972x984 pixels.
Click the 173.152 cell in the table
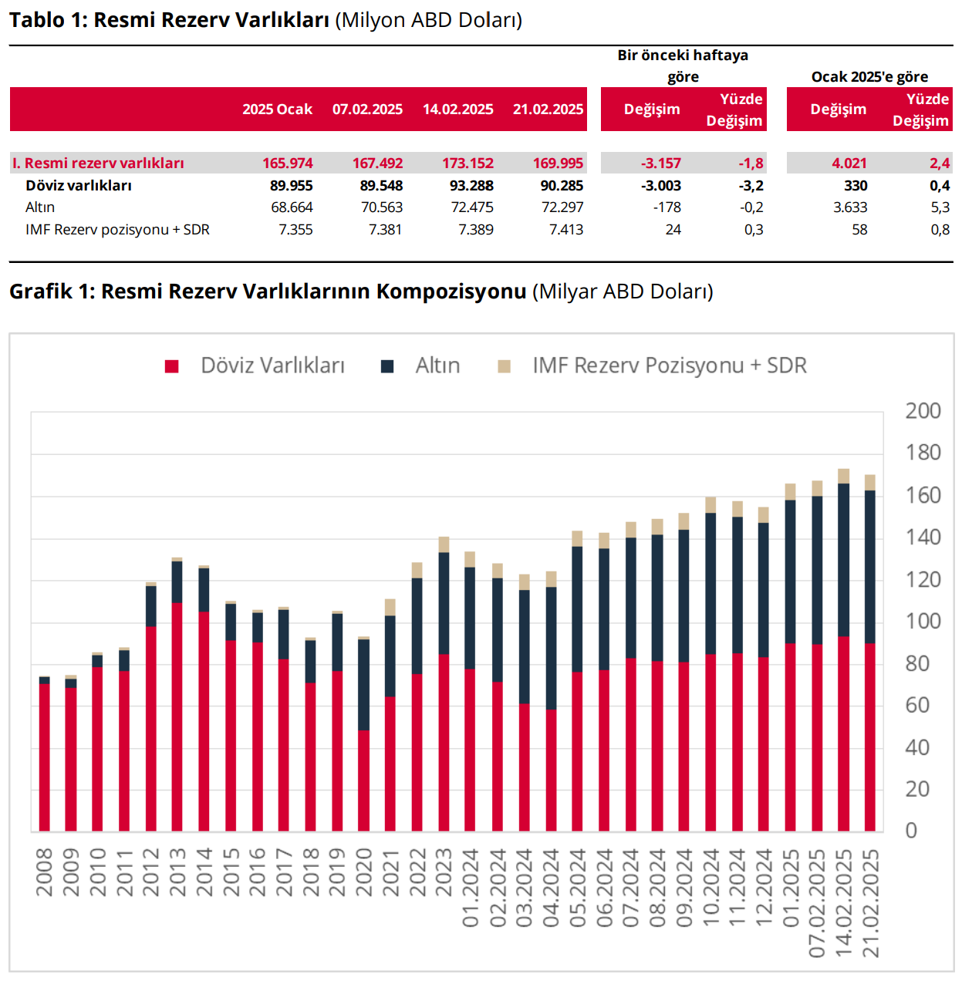[467, 163]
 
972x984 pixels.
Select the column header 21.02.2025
[548, 110]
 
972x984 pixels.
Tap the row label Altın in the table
[40, 207]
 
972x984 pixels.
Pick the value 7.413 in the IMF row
[566, 230]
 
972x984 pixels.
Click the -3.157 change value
[661, 163]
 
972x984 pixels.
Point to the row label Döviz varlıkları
[79, 185]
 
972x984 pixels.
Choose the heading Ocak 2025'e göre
[869, 76]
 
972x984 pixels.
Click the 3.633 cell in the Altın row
[850, 207]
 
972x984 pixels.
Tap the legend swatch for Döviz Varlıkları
[172, 366]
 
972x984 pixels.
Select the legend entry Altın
[437, 366]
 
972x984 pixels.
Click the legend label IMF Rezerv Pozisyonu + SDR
[670, 366]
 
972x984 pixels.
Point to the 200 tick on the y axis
[923, 411]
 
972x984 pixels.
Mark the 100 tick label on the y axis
[923, 622]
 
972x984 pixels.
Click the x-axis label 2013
[177, 872]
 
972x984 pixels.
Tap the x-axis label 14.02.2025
[844, 903]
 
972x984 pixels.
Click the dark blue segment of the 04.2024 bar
[551, 648]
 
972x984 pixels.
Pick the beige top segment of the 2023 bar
[444, 544]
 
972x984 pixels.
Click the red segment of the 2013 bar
[177, 717]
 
